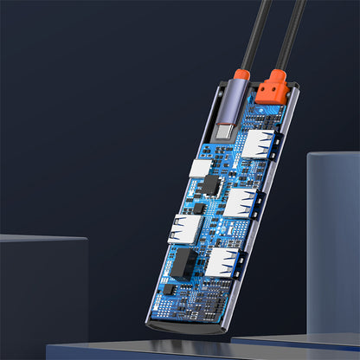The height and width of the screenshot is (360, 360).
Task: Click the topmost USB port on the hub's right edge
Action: coord(258,145)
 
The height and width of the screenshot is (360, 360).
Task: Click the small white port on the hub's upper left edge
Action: coord(200,169)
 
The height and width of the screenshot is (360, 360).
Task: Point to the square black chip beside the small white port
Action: coord(209,184)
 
